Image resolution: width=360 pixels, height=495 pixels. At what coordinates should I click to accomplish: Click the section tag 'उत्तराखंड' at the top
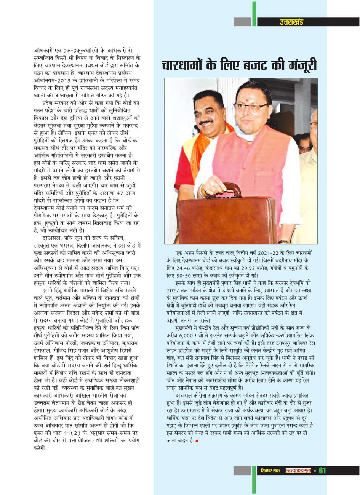pyautogui.click(x=291, y=22)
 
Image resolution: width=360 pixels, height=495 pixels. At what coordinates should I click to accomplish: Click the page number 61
pyautogui.click(x=322, y=471)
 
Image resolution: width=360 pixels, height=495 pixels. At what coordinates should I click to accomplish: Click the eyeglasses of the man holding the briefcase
pyautogui.click(x=251, y=107)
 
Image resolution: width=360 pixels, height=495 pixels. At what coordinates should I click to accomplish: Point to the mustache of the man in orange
pyautogui.click(x=206, y=122)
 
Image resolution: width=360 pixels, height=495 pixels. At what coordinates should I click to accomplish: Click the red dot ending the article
pyautogui.click(x=197, y=441)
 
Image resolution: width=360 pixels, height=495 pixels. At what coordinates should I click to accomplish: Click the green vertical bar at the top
pyautogui.click(x=254, y=14)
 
